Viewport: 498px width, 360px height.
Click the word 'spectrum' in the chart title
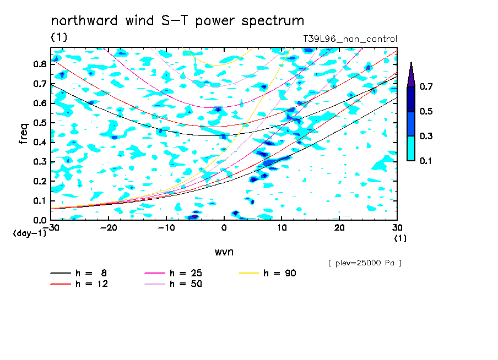click(x=273, y=21)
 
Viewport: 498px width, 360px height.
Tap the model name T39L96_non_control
click(x=350, y=39)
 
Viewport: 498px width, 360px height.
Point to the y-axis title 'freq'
click(x=24, y=133)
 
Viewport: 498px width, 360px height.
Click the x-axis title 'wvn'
click(x=224, y=252)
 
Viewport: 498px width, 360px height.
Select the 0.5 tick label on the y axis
click(x=40, y=123)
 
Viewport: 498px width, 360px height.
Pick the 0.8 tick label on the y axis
click(x=40, y=64)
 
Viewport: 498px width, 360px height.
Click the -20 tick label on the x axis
click(x=109, y=228)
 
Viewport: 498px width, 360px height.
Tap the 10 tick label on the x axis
click(x=282, y=228)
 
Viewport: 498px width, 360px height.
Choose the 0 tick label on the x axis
click(x=224, y=228)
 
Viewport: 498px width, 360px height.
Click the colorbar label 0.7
click(x=426, y=86)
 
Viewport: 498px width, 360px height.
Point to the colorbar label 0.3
click(x=426, y=136)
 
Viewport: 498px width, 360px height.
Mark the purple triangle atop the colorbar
click(x=411, y=74)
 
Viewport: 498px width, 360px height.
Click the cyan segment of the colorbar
click(x=411, y=149)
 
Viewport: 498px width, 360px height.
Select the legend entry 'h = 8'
click(x=79, y=273)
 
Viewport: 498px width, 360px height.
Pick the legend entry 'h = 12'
click(x=79, y=283)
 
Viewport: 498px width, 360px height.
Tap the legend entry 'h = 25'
click(x=173, y=273)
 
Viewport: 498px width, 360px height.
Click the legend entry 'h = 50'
click(x=173, y=283)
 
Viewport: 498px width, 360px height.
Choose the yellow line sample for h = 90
click(x=249, y=273)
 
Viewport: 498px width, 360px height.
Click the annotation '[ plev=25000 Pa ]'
click(x=365, y=263)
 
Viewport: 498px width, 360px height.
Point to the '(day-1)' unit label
click(x=29, y=233)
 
